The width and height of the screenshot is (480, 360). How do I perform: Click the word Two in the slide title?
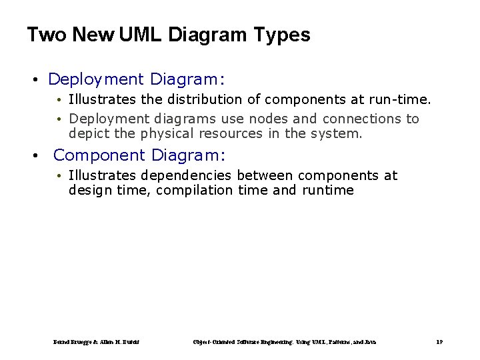[x=47, y=35]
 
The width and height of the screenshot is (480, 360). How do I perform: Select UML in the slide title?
[x=142, y=35]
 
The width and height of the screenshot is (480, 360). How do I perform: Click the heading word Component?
[x=99, y=155]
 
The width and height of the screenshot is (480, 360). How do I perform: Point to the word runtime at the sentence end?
[x=328, y=190]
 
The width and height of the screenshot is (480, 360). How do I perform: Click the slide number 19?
[x=439, y=342]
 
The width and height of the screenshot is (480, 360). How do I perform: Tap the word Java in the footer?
[x=371, y=342]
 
